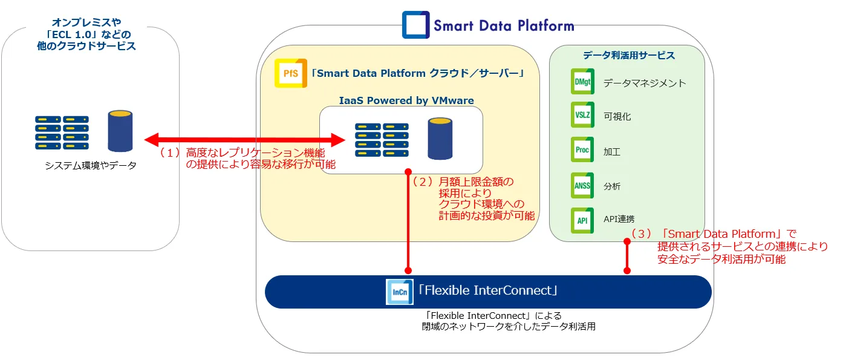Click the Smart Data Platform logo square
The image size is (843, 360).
pos(416,25)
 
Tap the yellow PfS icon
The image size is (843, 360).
pos(291,74)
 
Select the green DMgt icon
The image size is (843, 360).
pos(582,82)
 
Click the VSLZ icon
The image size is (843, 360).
pos(582,115)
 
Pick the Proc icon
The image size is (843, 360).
pos(582,149)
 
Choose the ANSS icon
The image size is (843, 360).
pos(582,185)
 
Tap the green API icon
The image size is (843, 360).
pos(582,220)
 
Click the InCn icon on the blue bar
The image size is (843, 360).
pos(400,291)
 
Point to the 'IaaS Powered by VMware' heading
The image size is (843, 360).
pos(406,100)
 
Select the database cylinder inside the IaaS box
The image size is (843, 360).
pos(440,139)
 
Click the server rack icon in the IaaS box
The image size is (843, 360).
pos(382,140)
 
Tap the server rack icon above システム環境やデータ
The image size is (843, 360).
pos(62,133)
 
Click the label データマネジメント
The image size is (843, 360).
pos(645,83)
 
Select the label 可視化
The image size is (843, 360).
pos(617,116)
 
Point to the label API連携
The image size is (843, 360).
pos(619,219)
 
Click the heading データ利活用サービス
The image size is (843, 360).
pos(629,56)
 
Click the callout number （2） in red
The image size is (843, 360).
pos(421,181)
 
